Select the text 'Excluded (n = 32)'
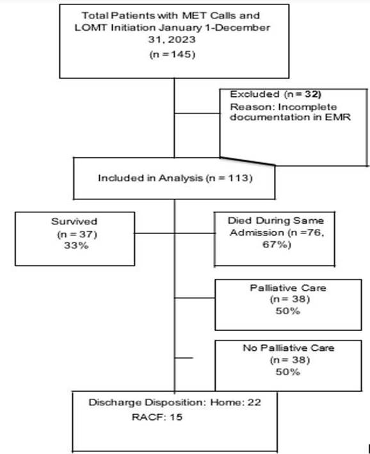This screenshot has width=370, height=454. pyautogui.click(x=268, y=94)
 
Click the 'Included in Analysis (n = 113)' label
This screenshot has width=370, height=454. pyautogui.click(x=175, y=178)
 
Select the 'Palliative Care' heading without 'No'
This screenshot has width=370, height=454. pyautogui.click(x=278, y=289)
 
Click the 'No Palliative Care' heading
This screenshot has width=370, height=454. pyautogui.click(x=278, y=349)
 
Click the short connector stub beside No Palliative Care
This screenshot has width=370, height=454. pyautogui.click(x=184, y=357)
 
